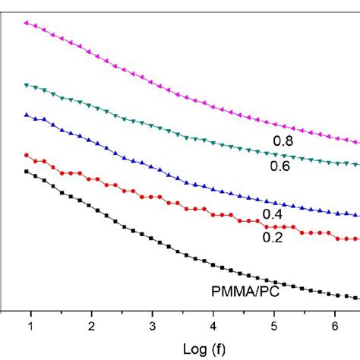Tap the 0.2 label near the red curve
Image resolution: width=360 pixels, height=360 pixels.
pos(273,237)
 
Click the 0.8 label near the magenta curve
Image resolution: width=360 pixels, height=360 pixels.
pos(283,140)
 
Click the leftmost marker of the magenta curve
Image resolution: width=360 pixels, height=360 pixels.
pos(27,23)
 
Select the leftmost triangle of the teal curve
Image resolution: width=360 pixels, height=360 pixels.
pos(27,85)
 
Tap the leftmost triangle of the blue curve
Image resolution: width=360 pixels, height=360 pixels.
pos(27,115)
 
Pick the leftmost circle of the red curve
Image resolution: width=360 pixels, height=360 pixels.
pos(27,155)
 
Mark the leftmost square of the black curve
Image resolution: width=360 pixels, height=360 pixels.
pos(27,172)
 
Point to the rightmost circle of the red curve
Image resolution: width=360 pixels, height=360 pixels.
pos(356,239)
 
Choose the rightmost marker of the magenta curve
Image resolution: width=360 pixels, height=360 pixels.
pos(356,142)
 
